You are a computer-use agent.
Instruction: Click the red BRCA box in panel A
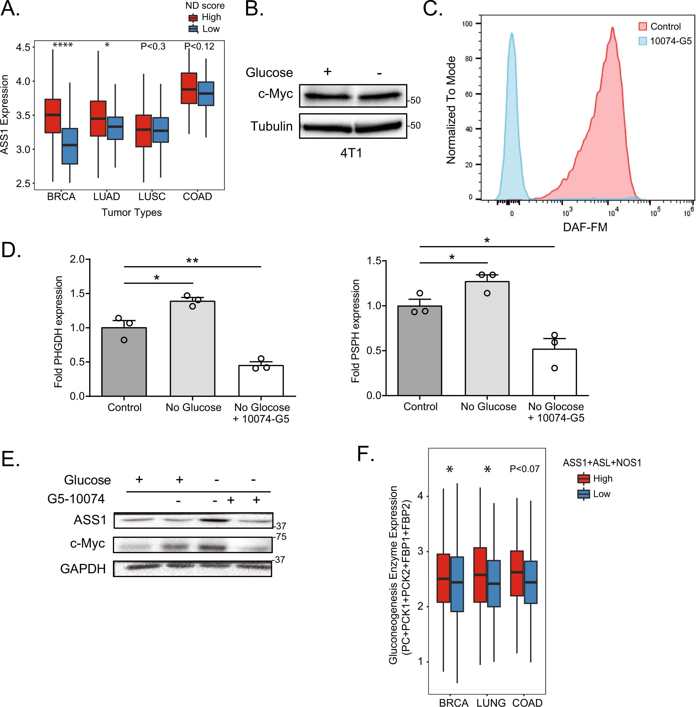(x=53, y=116)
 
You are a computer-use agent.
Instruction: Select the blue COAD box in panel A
(x=206, y=94)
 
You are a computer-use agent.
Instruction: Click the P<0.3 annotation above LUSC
(x=153, y=47)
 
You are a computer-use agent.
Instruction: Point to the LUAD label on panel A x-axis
(x=106, y=197)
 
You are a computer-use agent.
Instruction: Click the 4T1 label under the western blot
(x=351, y=153)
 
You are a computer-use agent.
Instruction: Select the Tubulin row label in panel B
(x=271, y=126)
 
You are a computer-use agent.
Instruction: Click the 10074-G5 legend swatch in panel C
(x=643, y=41)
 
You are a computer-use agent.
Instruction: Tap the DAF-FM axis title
(x=585, y=227)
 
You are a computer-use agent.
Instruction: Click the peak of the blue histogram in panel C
(x=512, y=33)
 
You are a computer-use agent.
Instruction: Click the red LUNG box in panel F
(x=480, y=575)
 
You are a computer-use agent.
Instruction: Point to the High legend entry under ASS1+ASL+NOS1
(x=602, y=479)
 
